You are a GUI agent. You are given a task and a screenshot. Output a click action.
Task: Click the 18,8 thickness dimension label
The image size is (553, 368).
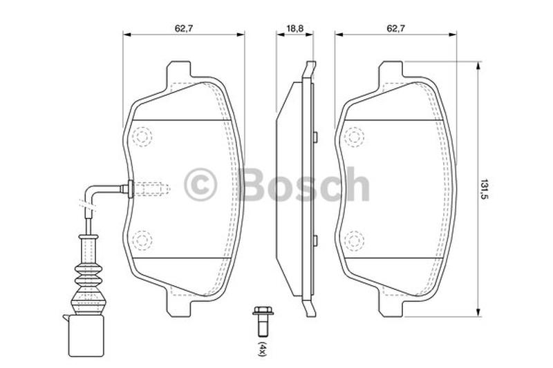[x=294, y=28]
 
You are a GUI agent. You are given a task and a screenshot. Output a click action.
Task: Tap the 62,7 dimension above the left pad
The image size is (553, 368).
[x=184, y=28]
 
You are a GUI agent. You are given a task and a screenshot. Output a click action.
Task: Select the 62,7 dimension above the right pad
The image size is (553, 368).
[x=395, y=28]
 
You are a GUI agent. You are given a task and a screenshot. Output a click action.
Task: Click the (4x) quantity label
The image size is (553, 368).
[x=262, y=349]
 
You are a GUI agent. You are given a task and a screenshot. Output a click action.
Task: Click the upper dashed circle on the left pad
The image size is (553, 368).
[x=142, y=137]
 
